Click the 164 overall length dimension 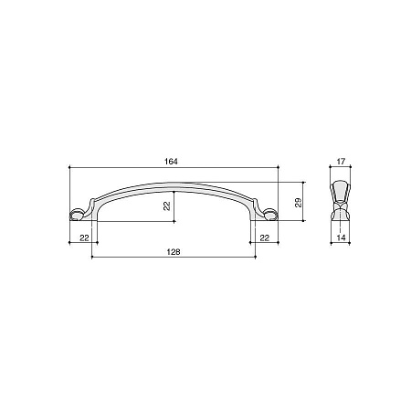pyautogui.click(x=171, y=162)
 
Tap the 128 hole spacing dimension pyautogui.click(x=174, y=252)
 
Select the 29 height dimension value pyautogui.click(x=299, y=203)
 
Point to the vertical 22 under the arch pyautogui.click(x=166, y=205)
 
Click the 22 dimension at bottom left pyautogui.click(x=84, y=237)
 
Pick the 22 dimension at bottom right pyautogui.click(x=265, y=237)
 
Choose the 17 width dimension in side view pyautogui.click(x=341, y=162)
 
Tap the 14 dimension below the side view pyautogui.click(x=342, y=237)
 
